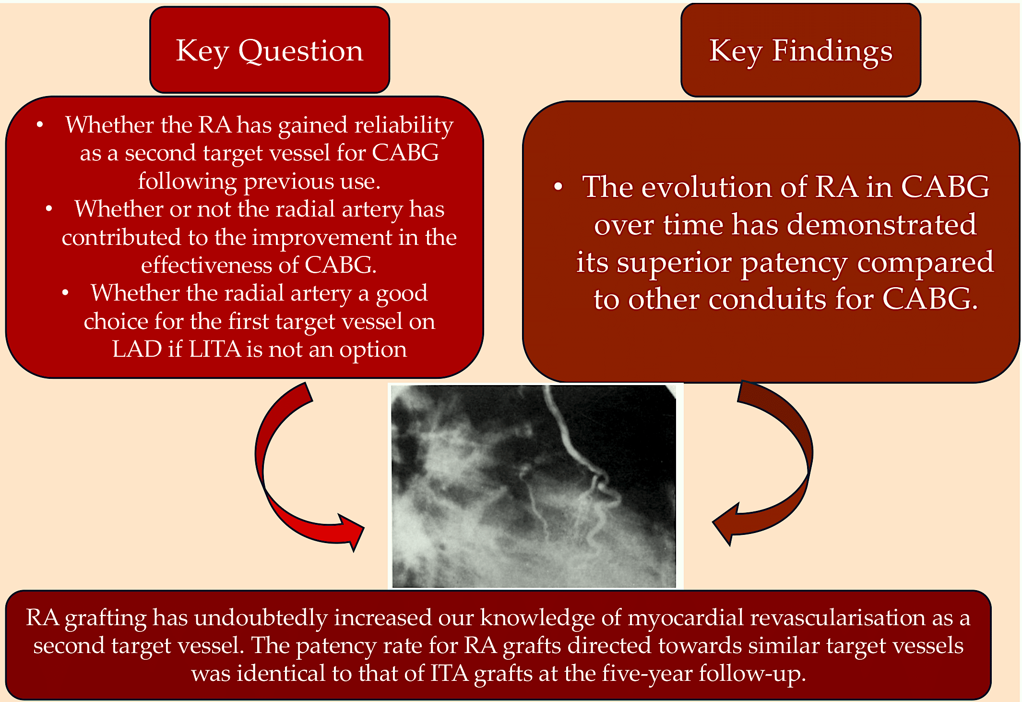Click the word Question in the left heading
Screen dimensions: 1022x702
301,51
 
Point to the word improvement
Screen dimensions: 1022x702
322,238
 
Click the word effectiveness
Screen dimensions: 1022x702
219,265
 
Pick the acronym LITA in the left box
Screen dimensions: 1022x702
214,349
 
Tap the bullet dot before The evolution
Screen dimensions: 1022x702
558,187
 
